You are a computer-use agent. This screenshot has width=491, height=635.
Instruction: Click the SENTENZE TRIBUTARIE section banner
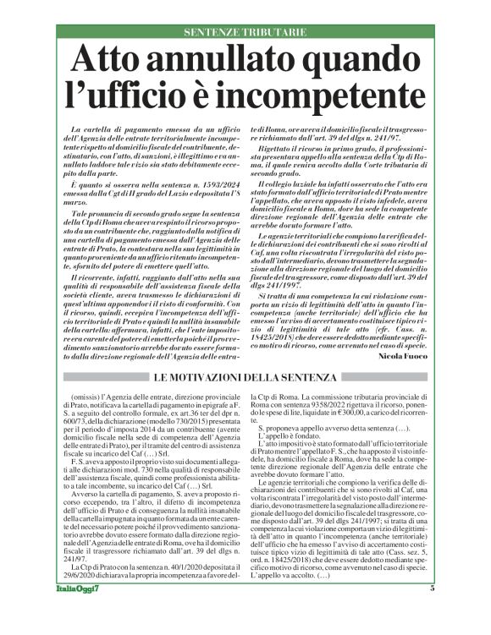tap(245, 33)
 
